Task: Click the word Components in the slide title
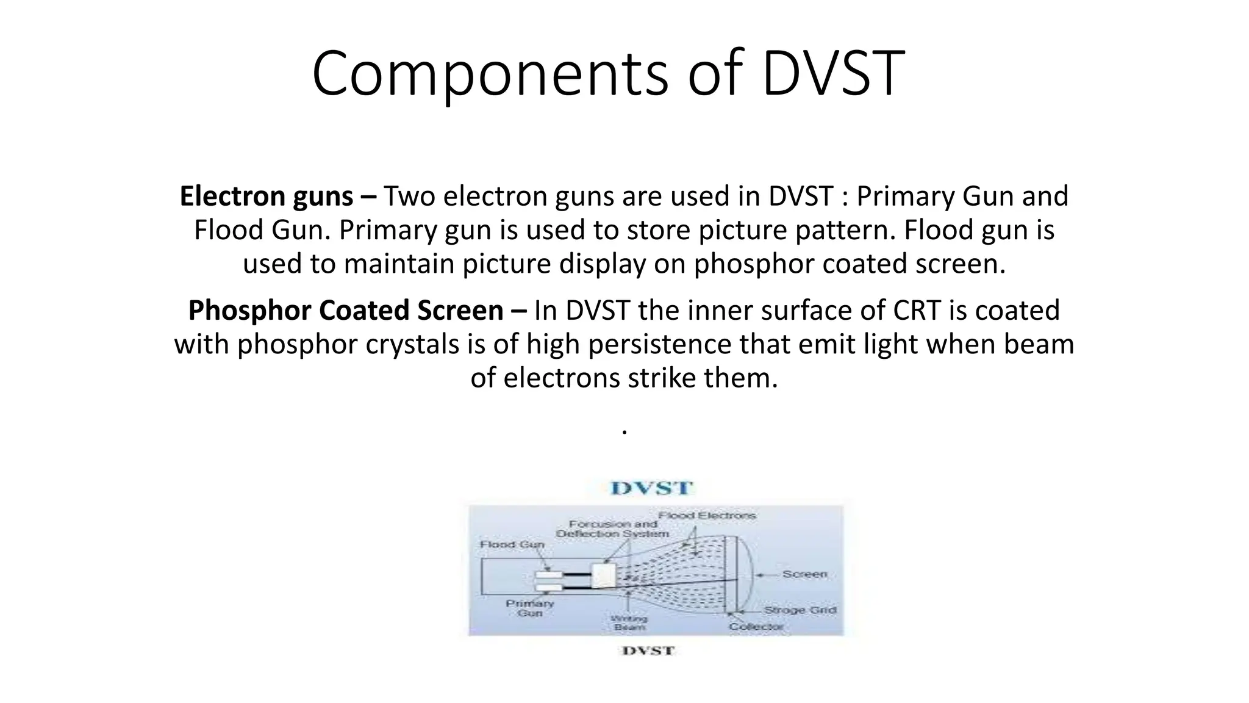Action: (x=490, y=74)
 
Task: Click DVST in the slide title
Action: (x=833, y=74)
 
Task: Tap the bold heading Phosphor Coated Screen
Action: (x=345, y=311)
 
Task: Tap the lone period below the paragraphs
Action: (x=624, y=431)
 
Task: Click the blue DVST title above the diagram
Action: (x=652, y=489)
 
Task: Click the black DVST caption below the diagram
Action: (x=648, y=651)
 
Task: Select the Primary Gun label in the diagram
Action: (x=529, y=608)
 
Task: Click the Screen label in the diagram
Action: (x=804, y=574)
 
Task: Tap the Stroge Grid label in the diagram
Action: (x=800, y=610)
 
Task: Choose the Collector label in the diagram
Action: (x=756, y=627)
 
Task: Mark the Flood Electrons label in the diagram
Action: (x=707, y=516)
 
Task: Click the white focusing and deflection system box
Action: (x=604, y=575)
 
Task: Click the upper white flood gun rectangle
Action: (x=549, y=575)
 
